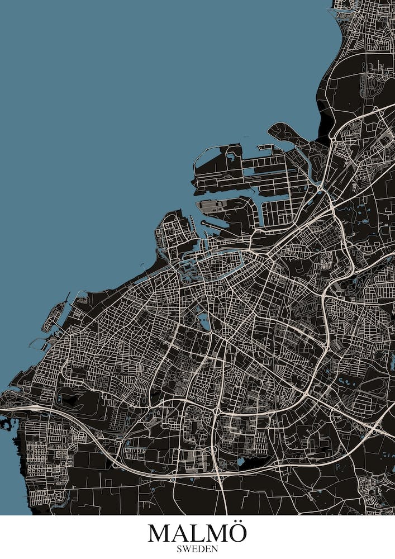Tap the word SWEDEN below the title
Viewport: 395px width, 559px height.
pyautogui.click(x=197, y=549)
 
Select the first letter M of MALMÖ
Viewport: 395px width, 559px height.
pyautogui.click(x=159, y=533)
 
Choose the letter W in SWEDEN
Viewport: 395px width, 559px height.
pyautogui.click(x=186, y=549)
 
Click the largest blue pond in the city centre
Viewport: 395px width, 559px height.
pyautogui.click(x=203, y=320)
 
